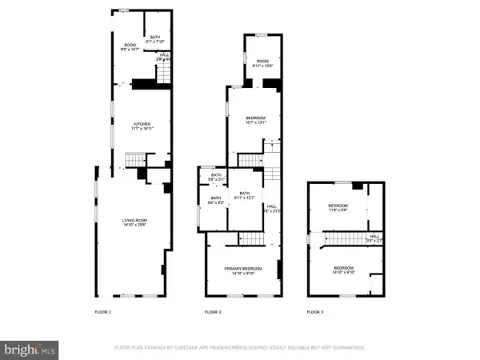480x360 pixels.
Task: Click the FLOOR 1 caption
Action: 103,311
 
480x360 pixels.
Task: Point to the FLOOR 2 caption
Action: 213,311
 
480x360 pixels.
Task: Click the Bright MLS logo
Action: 30,349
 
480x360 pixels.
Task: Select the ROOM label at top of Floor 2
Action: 262,62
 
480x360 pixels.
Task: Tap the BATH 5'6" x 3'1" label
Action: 215,177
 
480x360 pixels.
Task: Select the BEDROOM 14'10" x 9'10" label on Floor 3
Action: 344,270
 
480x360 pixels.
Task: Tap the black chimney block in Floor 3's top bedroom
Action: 358,186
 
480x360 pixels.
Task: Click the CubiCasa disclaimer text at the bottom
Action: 240,348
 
